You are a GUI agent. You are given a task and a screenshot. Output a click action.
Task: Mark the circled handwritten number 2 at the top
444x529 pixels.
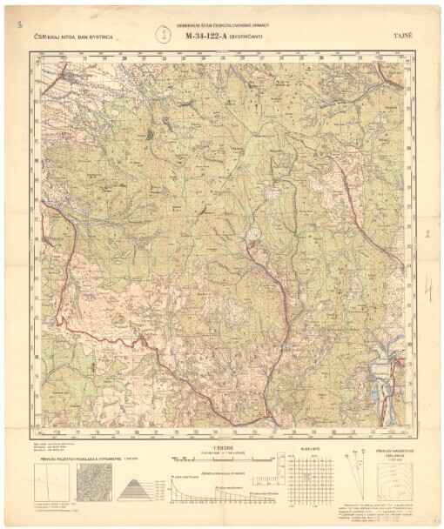tap(161, 35)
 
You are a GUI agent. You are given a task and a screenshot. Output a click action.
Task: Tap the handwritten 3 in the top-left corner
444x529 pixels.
tap(18, 26)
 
